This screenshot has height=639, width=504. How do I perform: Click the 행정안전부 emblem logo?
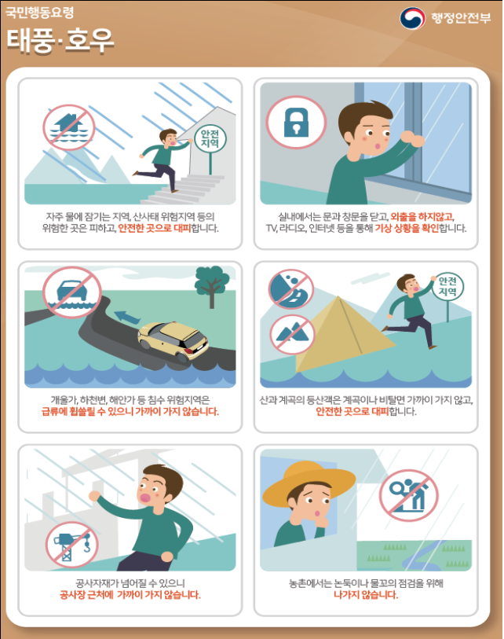tap(412, 18)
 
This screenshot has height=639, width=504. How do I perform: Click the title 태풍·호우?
tap(60, 41)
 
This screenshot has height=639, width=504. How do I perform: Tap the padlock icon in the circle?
tap(296, 123)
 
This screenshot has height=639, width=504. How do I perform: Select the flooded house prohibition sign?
tap(69, 127)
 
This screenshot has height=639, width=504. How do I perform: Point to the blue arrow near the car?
tap(127, 317)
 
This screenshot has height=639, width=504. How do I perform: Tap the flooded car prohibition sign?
tap(72, 292)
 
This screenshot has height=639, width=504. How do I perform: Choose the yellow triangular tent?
tap(344, 334)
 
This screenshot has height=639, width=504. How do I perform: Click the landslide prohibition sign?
tap(290, 289)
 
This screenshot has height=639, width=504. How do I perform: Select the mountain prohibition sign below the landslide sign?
tap(292, 335)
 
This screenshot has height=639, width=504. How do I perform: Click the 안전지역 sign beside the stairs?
tap(210, 139)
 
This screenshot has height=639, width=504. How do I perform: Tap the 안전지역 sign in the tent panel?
tap(447, 286)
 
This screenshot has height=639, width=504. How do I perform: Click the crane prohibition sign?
tap(72, 545)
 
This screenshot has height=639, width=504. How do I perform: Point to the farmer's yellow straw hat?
tap(309, 483)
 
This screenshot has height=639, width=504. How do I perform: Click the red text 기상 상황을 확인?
tap(407, 228)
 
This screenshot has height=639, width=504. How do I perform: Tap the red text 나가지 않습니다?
tap(366, 595)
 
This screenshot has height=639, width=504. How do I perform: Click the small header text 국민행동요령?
tap(39, 13)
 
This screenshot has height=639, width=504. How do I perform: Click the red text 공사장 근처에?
tap(86, 595)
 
